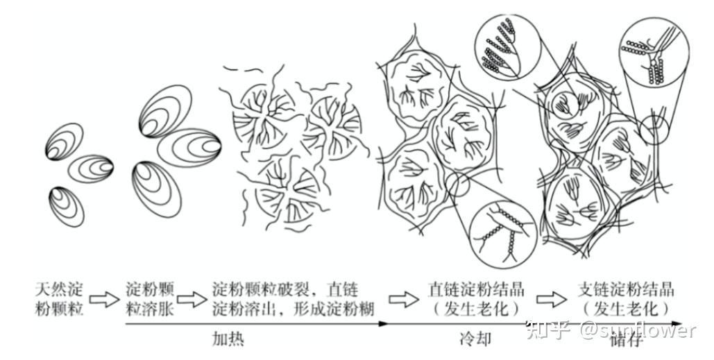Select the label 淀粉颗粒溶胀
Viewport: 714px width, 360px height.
[150, 299]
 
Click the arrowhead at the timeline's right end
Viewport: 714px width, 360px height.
[701, 324]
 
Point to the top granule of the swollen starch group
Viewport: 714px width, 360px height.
[164, 111]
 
